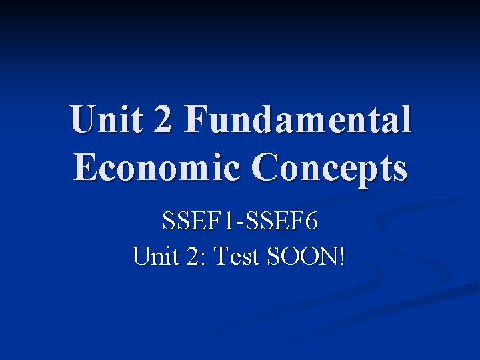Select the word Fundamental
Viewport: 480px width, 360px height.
[x=298, y=121]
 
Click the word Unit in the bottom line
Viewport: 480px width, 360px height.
[x=154, y=256]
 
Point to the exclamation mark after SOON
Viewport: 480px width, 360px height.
[x=342, y=256]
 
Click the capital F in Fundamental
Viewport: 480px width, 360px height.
[x=198, y=121]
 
